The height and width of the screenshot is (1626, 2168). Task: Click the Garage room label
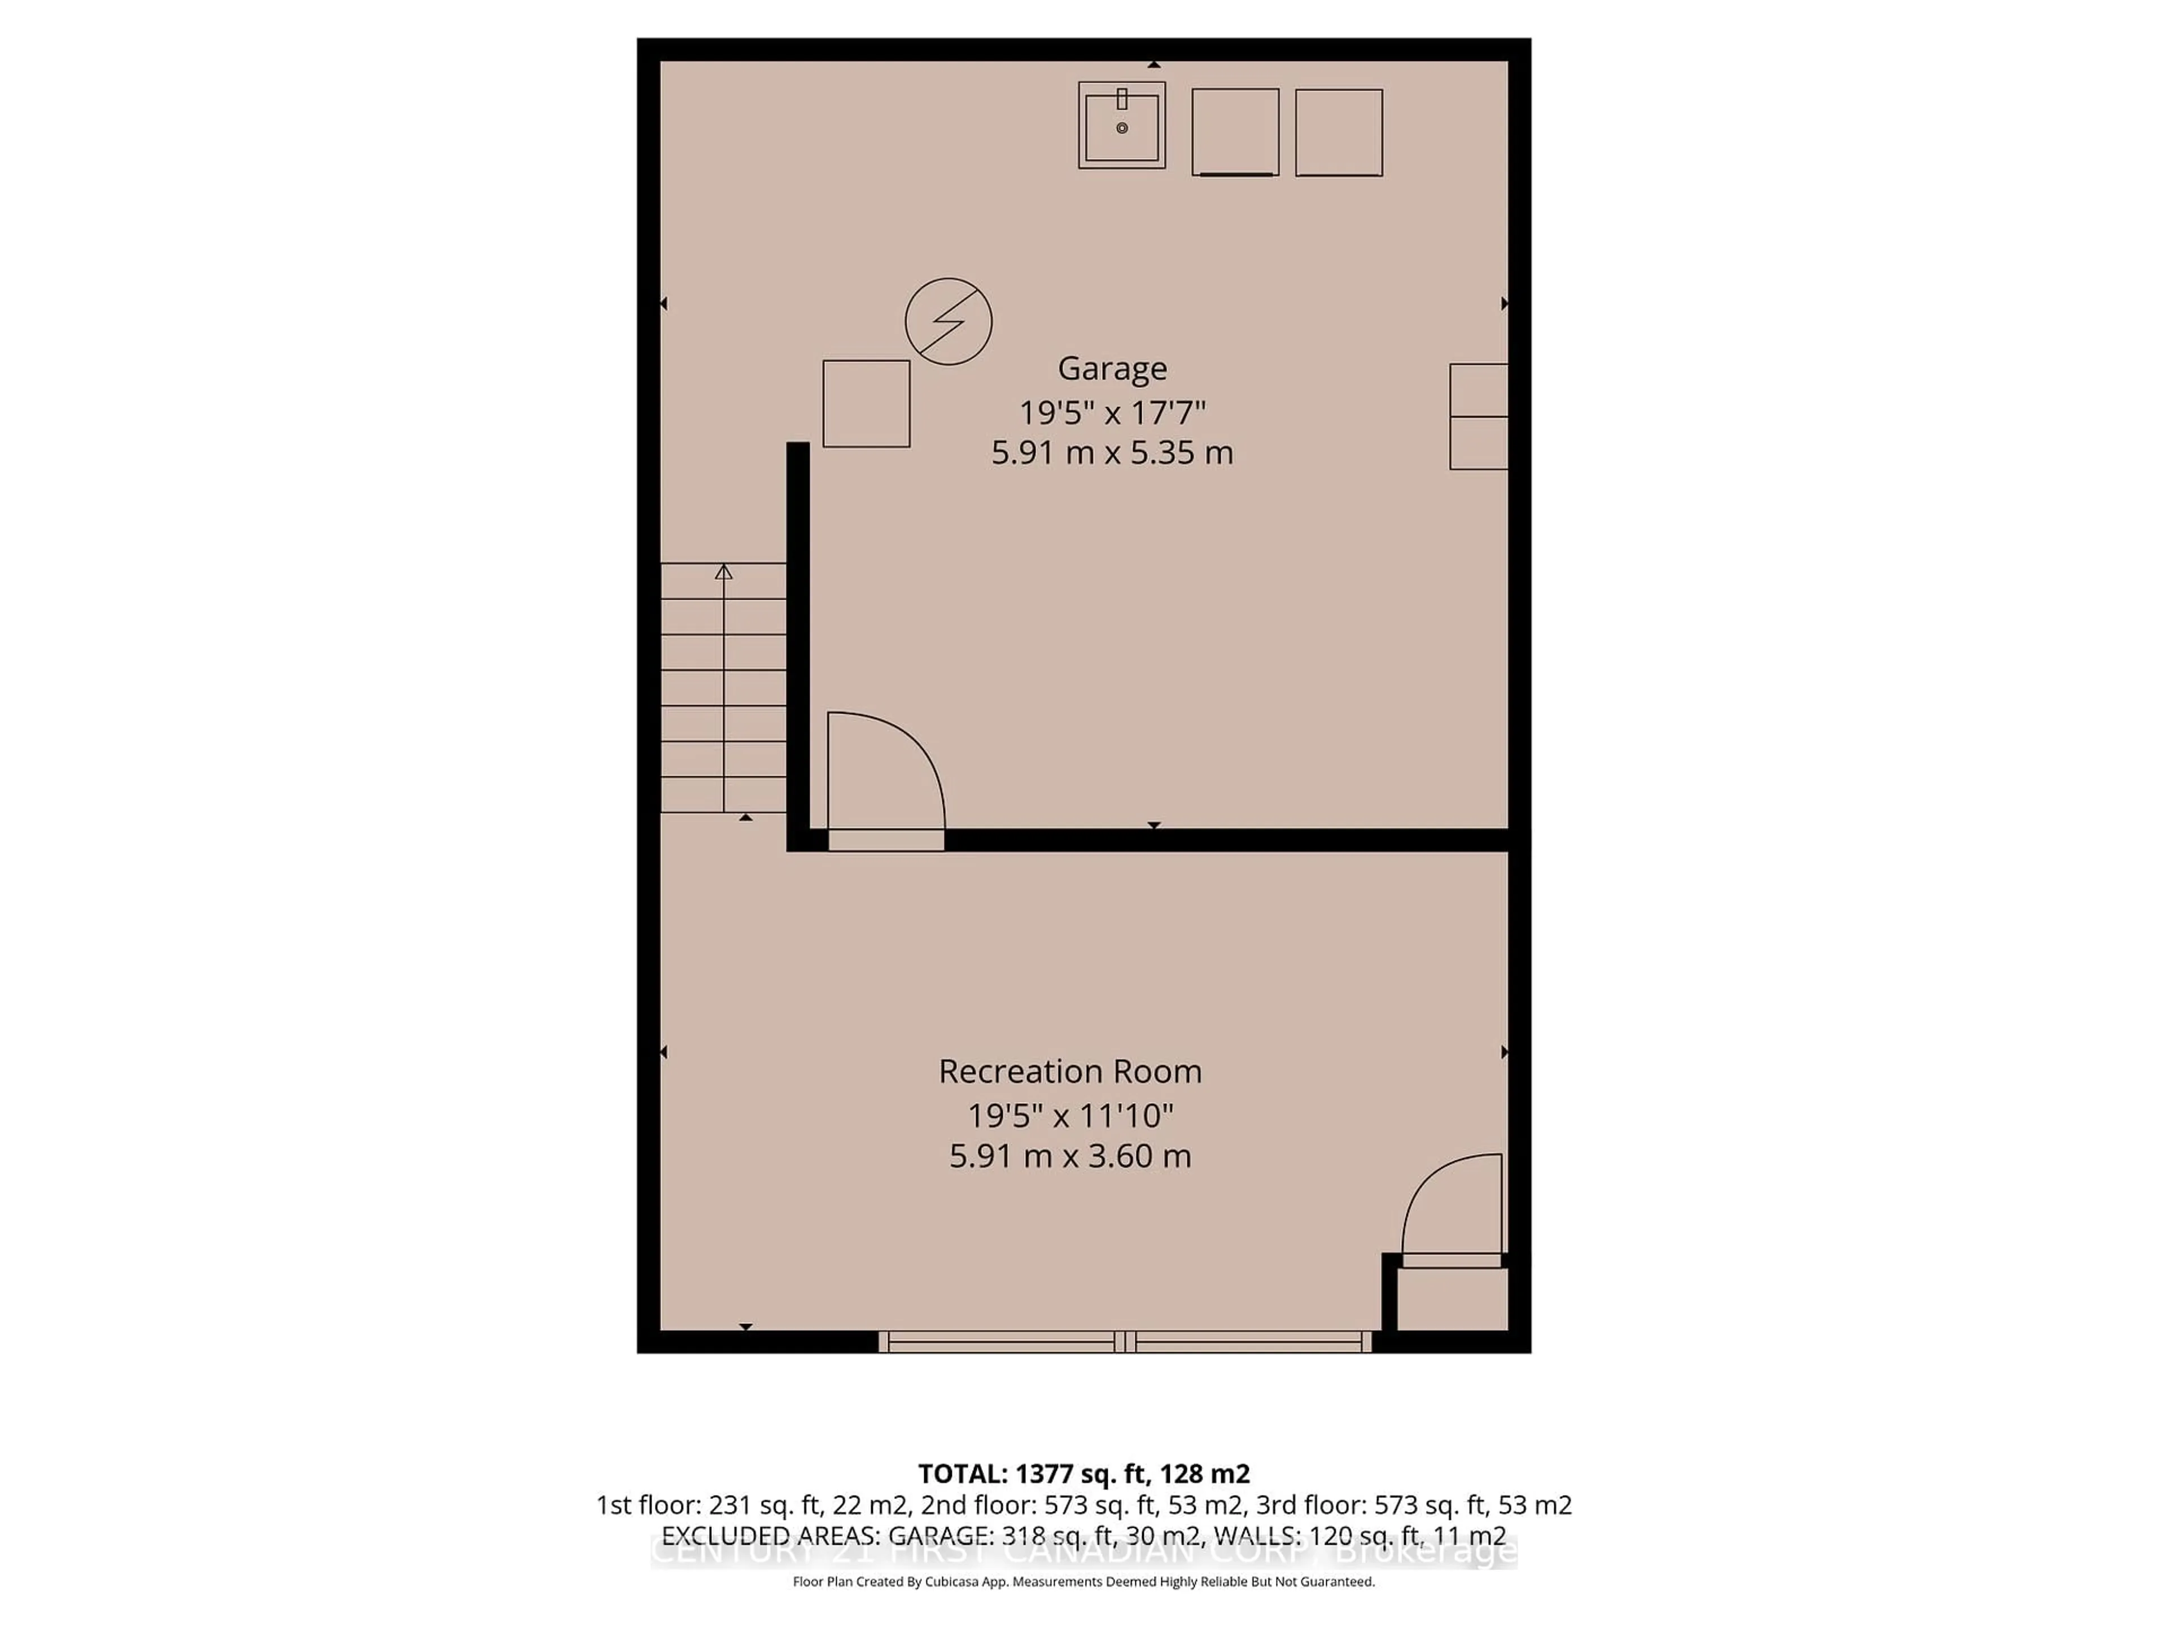point(1112,369)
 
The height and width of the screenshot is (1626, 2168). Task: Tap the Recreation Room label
point(1069,1071)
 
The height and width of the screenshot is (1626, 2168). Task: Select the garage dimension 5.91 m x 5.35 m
point(1112,453)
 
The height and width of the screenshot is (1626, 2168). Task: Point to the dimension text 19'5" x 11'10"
point(1069,1114)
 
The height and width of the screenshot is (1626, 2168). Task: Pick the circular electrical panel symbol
point(948,321)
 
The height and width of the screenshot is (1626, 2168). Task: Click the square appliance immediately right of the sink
point(1235,132)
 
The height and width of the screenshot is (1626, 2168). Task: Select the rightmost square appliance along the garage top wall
point(1339,132)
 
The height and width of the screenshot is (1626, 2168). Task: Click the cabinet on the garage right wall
point(1478,417)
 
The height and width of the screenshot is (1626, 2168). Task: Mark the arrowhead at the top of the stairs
point(723,571)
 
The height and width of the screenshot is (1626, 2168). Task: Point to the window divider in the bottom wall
point(1125,1342)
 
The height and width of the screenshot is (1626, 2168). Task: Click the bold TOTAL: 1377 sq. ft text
point(1083,1501)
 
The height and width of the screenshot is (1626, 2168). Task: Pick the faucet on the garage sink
point(1121,99)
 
